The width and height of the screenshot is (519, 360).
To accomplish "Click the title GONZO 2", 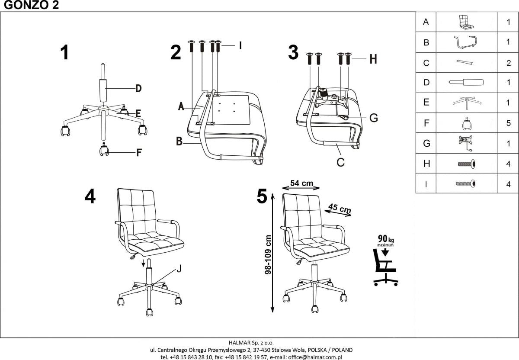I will [29, 6].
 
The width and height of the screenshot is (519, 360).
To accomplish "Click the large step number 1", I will [64, 53].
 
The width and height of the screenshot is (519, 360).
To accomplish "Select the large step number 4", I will [90, 197].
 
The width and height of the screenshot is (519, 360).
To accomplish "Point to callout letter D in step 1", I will [138, 89].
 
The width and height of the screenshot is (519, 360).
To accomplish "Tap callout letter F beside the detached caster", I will [139, 152].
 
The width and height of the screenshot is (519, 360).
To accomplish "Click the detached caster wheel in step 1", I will [104, 150].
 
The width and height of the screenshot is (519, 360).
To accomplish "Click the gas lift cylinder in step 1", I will [103, 84].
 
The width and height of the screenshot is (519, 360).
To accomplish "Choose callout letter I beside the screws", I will [240, 45].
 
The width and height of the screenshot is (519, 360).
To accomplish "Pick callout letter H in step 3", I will [373, 59].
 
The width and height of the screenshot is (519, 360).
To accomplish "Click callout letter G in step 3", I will [374, 117].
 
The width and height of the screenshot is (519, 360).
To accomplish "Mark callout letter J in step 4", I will [179, 269].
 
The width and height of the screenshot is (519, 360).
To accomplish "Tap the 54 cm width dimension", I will [301, 183].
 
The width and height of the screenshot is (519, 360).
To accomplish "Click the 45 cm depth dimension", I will [340, 209].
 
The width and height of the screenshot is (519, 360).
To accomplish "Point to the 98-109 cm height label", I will [268, 254].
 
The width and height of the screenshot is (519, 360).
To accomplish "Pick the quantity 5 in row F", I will [508, 123].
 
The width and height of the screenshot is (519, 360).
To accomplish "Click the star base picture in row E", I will [465, 102].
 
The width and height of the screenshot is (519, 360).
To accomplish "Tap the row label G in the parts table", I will [426, 143].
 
